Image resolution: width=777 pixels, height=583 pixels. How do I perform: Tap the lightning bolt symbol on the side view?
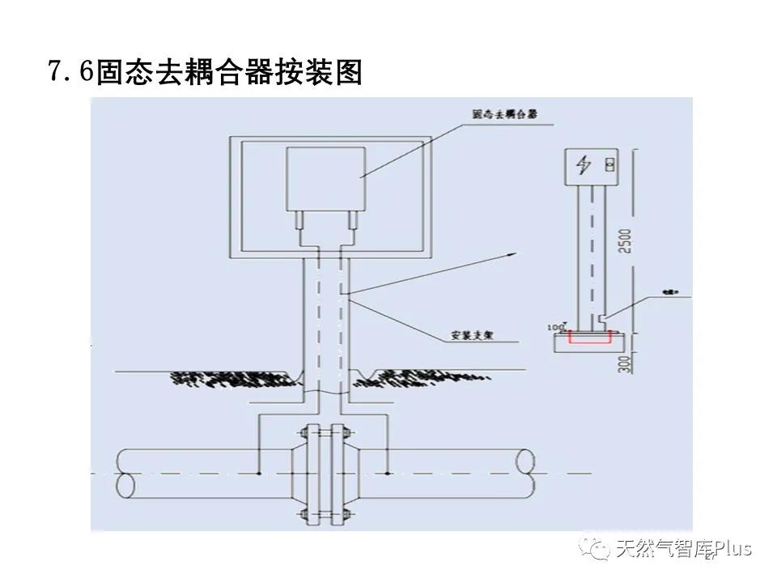(582, 164)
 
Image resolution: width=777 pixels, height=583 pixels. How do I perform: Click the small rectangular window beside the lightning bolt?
(609, 165)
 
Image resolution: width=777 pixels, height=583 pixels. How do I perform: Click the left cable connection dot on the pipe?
(258, 472)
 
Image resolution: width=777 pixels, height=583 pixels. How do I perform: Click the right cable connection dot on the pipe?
(389, 472)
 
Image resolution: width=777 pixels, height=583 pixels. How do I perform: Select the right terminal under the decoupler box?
(353, 219)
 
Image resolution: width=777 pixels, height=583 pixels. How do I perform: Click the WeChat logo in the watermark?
(600, 551)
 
